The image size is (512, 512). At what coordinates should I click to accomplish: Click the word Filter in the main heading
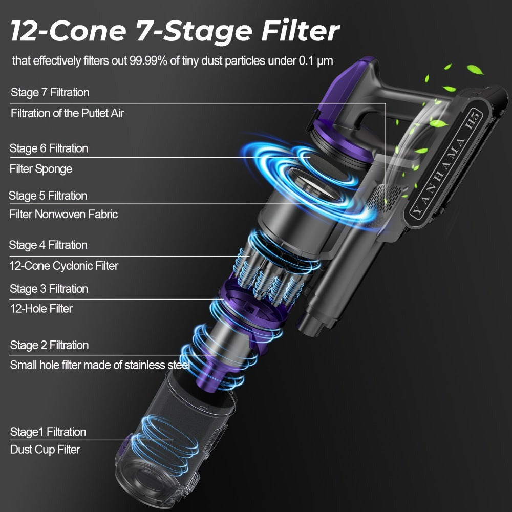[x=301, y=31]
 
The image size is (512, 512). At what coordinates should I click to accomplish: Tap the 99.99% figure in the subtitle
[x=148, y=61]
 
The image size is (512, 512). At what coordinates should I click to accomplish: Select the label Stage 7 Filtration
[x=50, y=92]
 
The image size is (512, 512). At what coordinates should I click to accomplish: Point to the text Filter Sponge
[x=41, y=169]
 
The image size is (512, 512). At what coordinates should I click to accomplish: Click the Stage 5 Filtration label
[x=48, y=196]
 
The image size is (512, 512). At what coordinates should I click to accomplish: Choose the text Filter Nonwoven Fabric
[x=63, y=214]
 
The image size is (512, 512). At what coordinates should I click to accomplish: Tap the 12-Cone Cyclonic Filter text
[x=63, y=266]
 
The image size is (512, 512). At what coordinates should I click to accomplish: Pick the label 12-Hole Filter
[x=41, y=309]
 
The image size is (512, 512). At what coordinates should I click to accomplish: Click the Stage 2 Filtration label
[x=49, y=345]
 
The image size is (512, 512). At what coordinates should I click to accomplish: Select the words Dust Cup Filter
[x=45, y=450]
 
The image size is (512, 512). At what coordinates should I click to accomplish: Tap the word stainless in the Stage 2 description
[x=145, y=365]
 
